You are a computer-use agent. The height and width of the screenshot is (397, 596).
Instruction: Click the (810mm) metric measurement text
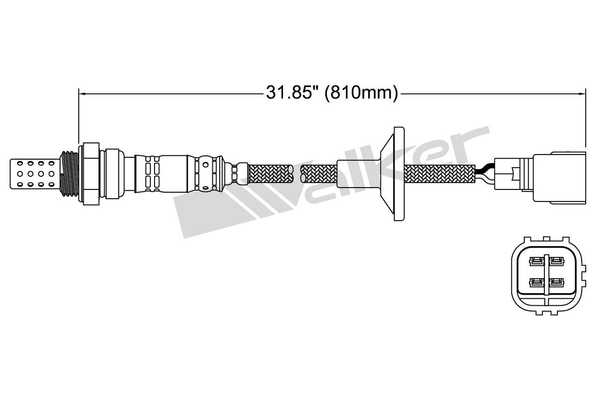[x=361, y=93]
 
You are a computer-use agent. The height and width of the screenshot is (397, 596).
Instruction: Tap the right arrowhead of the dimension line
[x=582, y=94]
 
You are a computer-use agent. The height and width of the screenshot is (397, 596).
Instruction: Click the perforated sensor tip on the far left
[x=34, y=174]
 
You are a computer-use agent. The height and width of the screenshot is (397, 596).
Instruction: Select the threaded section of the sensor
[x=69, y=174]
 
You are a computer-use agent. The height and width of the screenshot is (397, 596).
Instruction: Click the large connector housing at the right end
[x=559, y=178]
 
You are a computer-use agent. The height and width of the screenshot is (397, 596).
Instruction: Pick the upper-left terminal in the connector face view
[x=536, y=261]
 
